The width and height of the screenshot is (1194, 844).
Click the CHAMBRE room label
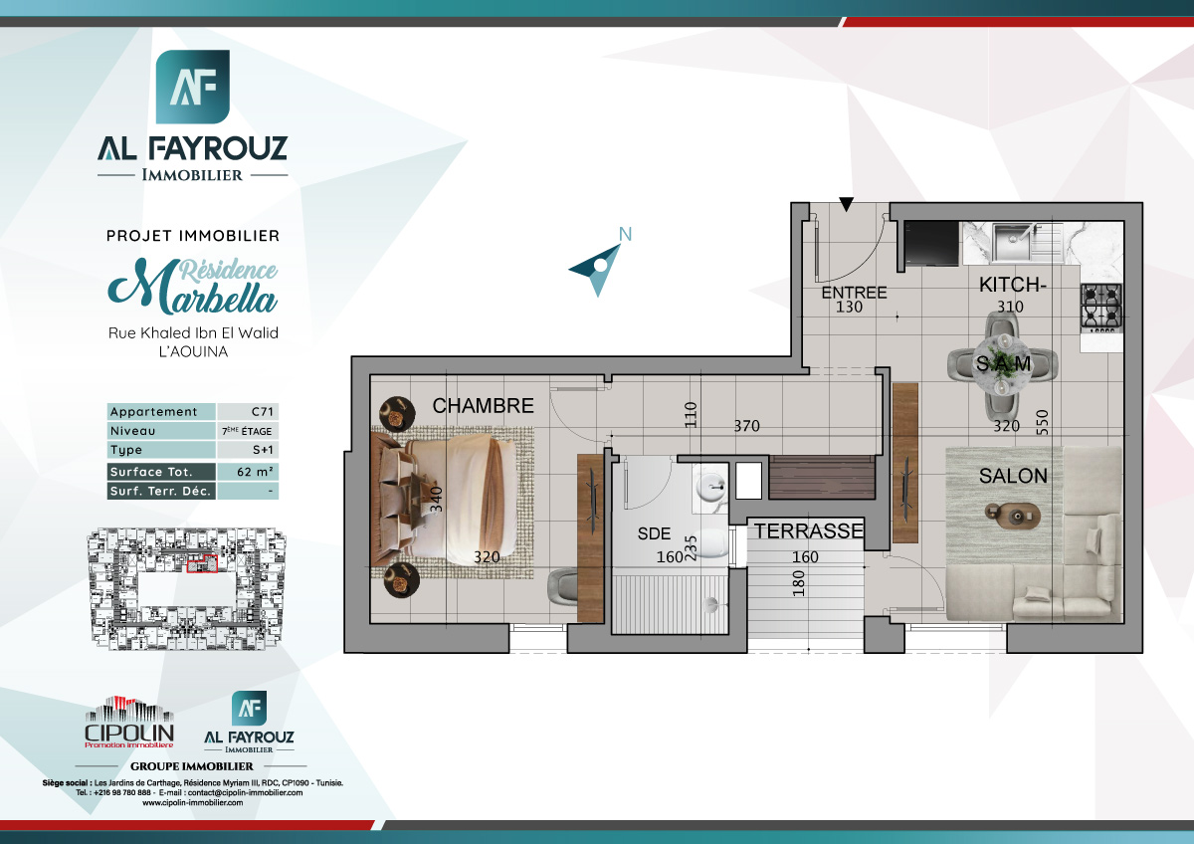pyautogui.click(x=483, y=406)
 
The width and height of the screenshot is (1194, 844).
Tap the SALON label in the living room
pyautogui.click(x=1013, y=477)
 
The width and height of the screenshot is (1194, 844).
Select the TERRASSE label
pyautogui.click(x=807, y=531)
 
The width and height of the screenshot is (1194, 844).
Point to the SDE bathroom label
pyautogui.click(x=654, y=533)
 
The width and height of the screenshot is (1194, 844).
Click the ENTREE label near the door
pyautogui.click(x=854, y=293)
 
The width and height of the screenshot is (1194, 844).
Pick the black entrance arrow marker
pyautogui.click(x=846, y=205)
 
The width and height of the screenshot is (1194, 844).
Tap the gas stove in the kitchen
pyautogui.click(x=1100, y=307)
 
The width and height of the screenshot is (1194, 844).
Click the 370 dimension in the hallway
pyautogui.click(x=746, y=426)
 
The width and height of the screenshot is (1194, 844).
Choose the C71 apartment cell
pyautogui.click(x=247, y=412)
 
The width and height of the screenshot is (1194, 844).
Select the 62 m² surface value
pyautogui.click(x=247, y=472)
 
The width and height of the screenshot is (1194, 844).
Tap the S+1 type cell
pyautogui.click(x=247, y=451)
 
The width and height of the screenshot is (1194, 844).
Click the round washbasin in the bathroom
pyautogui.click(x=709, y=489)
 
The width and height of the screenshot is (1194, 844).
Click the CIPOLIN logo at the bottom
pyautogui.click(x=128, y=724)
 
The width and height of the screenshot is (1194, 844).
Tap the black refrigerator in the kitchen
pyautogui.click(x=929, y=245)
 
